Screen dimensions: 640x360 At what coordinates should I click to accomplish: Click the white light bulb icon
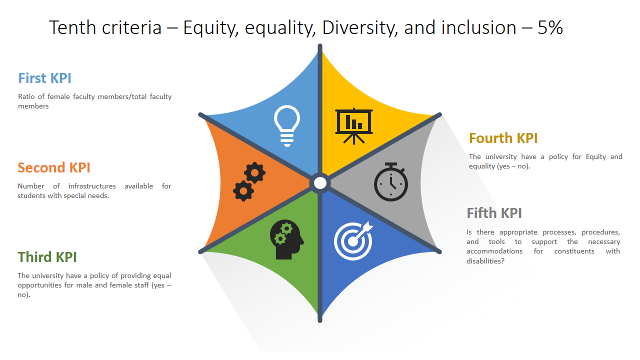[287, 125]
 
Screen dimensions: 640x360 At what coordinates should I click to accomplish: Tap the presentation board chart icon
[354, 126]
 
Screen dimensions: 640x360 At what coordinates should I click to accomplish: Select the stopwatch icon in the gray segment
[391, 181]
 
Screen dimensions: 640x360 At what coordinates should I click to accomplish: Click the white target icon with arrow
[353, 240]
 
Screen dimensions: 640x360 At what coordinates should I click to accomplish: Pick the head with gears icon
[286, 239]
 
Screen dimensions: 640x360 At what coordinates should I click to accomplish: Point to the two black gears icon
[249, 181]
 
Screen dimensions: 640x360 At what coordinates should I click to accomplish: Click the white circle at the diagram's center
[320, 183]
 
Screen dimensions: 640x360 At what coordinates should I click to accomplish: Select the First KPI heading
[44, 78]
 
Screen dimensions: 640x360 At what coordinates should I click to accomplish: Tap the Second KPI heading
[53, 167]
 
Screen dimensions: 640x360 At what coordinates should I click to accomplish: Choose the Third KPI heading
[47, 257]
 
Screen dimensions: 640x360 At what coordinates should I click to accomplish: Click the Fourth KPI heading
[503, 138]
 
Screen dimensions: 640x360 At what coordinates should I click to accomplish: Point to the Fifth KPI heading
[494, 213]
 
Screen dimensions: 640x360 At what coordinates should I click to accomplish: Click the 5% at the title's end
[550, 27]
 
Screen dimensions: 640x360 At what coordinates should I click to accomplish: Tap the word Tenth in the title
[72, 27]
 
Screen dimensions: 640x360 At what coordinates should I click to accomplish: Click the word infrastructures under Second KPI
[92, 186]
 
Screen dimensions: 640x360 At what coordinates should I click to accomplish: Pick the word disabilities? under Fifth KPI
[485, 261]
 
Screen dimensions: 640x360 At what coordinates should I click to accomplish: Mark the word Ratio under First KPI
[26, 96]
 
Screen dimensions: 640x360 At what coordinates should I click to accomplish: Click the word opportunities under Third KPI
[39, 285]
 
